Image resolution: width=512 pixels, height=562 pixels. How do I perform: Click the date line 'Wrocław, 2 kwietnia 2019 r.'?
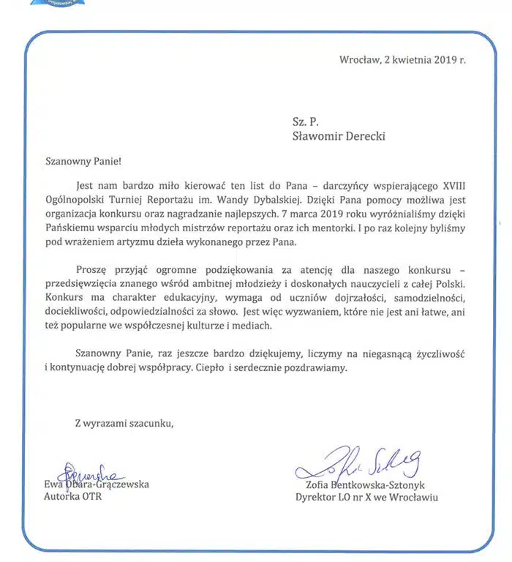(x=402, y=60)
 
